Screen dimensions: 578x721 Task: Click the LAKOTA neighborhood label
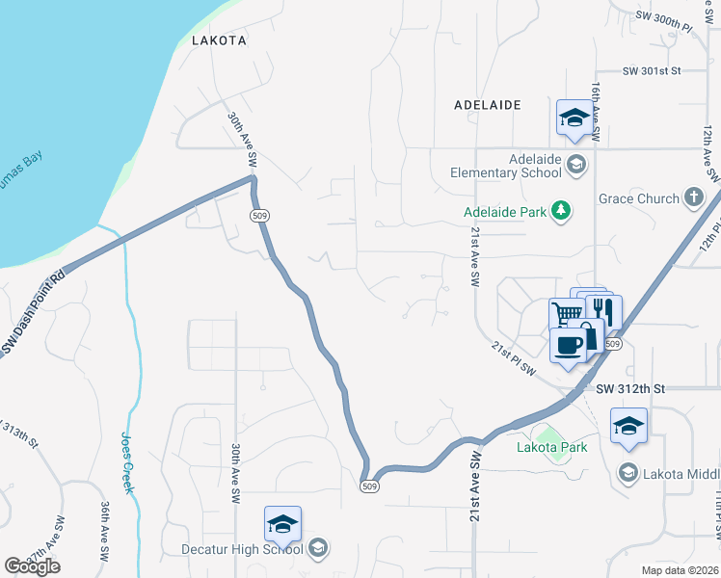(220, 41)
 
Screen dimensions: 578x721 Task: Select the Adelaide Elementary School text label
(506, 166)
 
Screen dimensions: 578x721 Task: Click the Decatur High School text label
(243, 549)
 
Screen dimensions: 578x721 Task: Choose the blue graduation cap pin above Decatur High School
(282, 524)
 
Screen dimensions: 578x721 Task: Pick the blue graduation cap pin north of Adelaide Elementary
(575, 118)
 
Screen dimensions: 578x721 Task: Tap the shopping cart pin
(567, 313)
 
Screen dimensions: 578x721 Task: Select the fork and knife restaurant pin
(604, 310)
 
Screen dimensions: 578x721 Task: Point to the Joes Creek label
(127, 462)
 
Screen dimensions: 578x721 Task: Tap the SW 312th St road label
(631, 389)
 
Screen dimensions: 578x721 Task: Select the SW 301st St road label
(652, 71)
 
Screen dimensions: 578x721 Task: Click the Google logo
(33, 565)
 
